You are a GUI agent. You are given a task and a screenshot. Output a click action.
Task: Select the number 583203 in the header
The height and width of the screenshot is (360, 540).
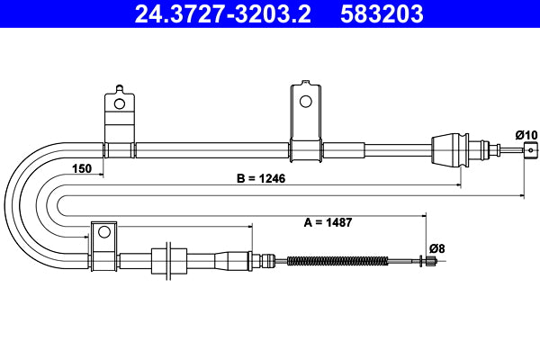(x=382, y=14)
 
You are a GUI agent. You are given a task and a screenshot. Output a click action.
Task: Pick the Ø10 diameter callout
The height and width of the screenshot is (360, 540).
(x=526, y=135)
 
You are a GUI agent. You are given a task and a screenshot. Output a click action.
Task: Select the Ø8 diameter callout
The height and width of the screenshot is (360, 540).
(x=436, y=247)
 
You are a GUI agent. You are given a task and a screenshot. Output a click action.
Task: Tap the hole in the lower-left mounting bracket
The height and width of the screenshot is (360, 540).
(x=103, y=232)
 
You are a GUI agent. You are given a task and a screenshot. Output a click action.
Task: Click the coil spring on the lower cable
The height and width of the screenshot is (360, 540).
(x=337, y=262)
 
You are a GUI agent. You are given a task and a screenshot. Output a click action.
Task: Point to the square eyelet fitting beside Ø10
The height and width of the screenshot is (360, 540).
(x=530, y=149)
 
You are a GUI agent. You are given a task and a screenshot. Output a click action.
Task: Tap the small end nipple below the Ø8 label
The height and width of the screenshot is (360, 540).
(x=431, y=262)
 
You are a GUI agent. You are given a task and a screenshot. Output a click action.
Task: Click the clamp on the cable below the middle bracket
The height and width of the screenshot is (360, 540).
(x=305, y=150)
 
